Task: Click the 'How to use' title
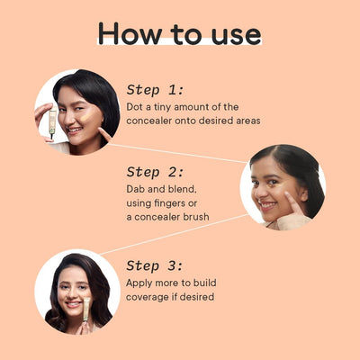(180, 33)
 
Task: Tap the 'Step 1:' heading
(155, 89)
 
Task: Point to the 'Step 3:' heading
(155, 265)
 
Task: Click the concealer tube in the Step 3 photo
(86, 310)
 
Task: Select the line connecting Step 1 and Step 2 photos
(180, 149)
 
